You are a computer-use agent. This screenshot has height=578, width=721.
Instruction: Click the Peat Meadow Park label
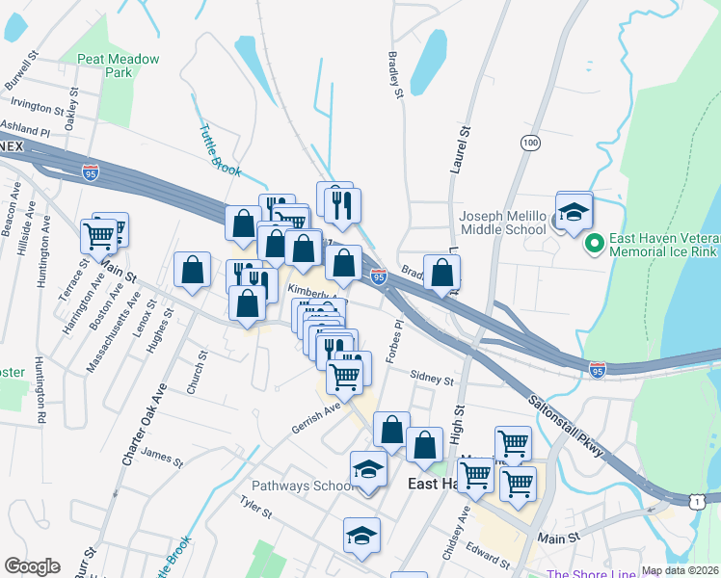point(119,66)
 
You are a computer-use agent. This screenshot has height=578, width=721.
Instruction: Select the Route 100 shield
point(529,142)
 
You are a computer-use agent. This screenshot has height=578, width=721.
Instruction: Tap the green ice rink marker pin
point(594,244)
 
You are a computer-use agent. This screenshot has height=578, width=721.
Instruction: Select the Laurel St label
point(459,149)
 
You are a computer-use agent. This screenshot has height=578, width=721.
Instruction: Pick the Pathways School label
point(304,486)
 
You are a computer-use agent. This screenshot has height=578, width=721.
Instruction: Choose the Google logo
point(32,566)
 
